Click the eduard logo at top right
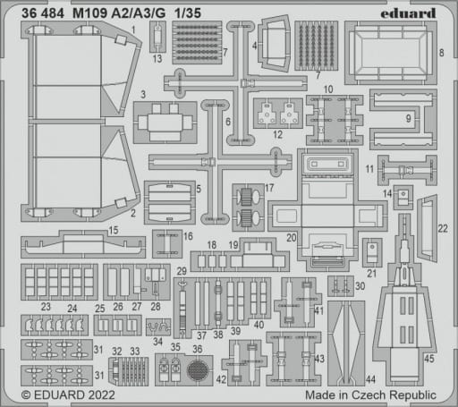coord(408,13)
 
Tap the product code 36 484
coord(43,13)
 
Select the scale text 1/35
coord(188,13)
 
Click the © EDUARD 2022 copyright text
coord(68,395)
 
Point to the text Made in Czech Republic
coord(370,395)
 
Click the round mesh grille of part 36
coord(197,370)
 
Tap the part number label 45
coord(429,359)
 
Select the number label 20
coord(292,238)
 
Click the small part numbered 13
coord(157,37)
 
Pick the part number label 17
coord(269,188)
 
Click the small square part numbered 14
coord(403,197)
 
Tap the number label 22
coord(443,229)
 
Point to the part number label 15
coord(114,230)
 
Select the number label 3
coord(143,95)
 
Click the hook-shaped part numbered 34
coord(158,327)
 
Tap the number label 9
coord(409,118)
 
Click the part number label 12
coord(277,134)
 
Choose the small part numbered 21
coord(372,252)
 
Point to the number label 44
coord(370,379)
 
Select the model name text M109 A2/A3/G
coord(119,13)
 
